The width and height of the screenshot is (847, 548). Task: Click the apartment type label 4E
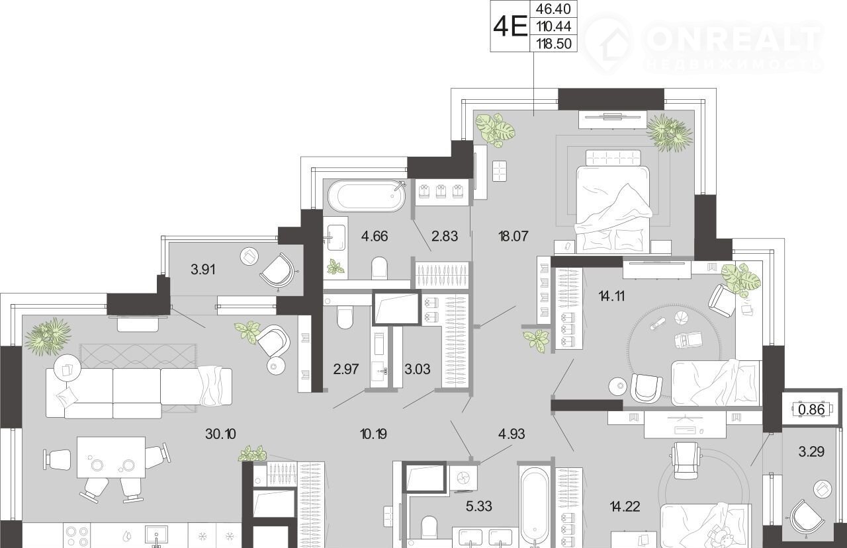coord(510,26)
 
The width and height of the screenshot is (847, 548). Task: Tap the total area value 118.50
coord(554,44)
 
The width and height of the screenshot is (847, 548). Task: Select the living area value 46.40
coord(554,9)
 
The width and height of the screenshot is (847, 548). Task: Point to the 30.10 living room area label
coord(220,434)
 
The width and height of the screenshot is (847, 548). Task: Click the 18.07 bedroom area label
coord(513,236)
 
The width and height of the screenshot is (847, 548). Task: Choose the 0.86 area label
coord(811,409)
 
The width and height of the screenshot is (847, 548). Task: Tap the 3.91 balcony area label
coord(203,270)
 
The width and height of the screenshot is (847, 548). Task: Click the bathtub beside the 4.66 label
coord(367,196)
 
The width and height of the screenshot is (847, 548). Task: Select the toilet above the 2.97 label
coord(345,317)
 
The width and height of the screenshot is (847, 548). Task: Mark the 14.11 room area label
coord(611,296)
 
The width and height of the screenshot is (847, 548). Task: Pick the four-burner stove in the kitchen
coord(77,535)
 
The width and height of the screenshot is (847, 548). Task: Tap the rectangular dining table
coord(111,457)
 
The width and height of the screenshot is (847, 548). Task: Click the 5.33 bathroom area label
coord(478,506)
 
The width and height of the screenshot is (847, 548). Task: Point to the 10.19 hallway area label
coord(373,434)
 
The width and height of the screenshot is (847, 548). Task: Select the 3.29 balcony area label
coord(811,451)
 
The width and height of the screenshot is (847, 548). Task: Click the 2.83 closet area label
coord(445,236)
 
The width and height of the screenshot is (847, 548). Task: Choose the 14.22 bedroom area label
coord(625,506)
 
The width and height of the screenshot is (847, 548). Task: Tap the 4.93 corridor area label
coord(512,434)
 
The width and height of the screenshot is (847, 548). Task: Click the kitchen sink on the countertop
coord(156,536)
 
